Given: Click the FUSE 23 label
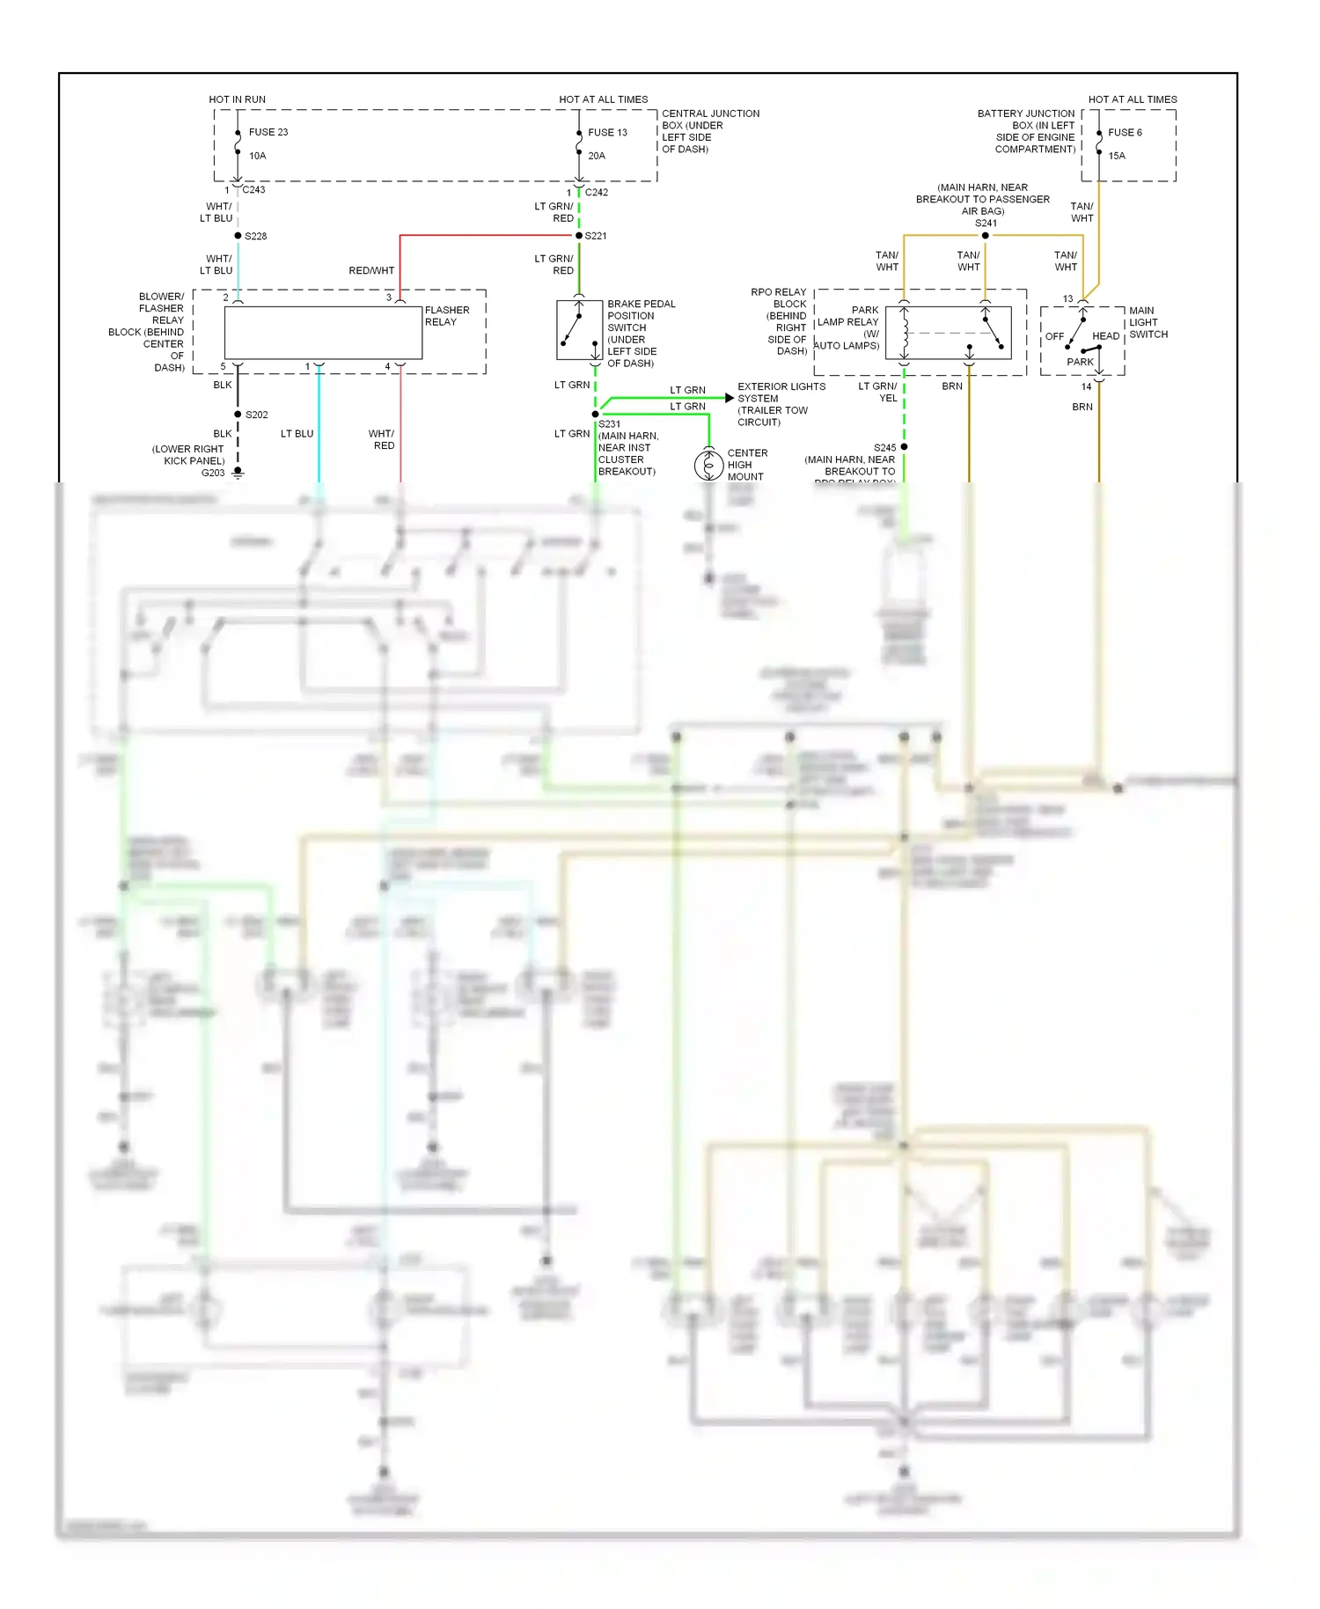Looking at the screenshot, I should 268,132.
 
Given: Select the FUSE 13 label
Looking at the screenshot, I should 607,133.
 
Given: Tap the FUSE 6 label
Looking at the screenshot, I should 1125,133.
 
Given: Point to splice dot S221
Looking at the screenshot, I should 579,236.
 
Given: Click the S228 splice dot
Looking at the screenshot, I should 238,236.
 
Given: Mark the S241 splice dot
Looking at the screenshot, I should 985,235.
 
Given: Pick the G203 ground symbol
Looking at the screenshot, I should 238,473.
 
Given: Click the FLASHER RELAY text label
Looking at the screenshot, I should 446,316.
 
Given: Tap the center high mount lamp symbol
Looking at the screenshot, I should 708,465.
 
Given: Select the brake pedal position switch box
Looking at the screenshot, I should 578,330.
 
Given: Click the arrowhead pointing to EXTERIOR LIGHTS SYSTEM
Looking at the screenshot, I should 729,398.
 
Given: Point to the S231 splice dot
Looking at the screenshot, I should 596,414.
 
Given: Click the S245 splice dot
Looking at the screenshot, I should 904,447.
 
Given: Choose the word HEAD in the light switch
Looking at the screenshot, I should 1105,336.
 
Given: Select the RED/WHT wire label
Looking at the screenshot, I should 371,270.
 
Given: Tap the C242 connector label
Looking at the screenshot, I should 597,192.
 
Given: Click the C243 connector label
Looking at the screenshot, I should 253,189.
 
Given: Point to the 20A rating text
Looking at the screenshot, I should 597,156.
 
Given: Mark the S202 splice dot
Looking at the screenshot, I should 238,415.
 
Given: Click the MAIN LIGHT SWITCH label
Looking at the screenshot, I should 1148,322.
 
